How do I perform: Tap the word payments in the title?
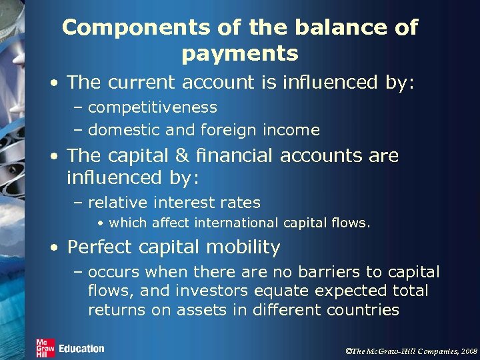pyautogui.click(x=239, y=53)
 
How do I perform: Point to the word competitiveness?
pyautogui.click(x=152, y=107)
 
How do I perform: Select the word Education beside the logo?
pyautogui.click(x=81, y=349)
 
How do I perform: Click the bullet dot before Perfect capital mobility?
pyautogui.click(x=54, y=248)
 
